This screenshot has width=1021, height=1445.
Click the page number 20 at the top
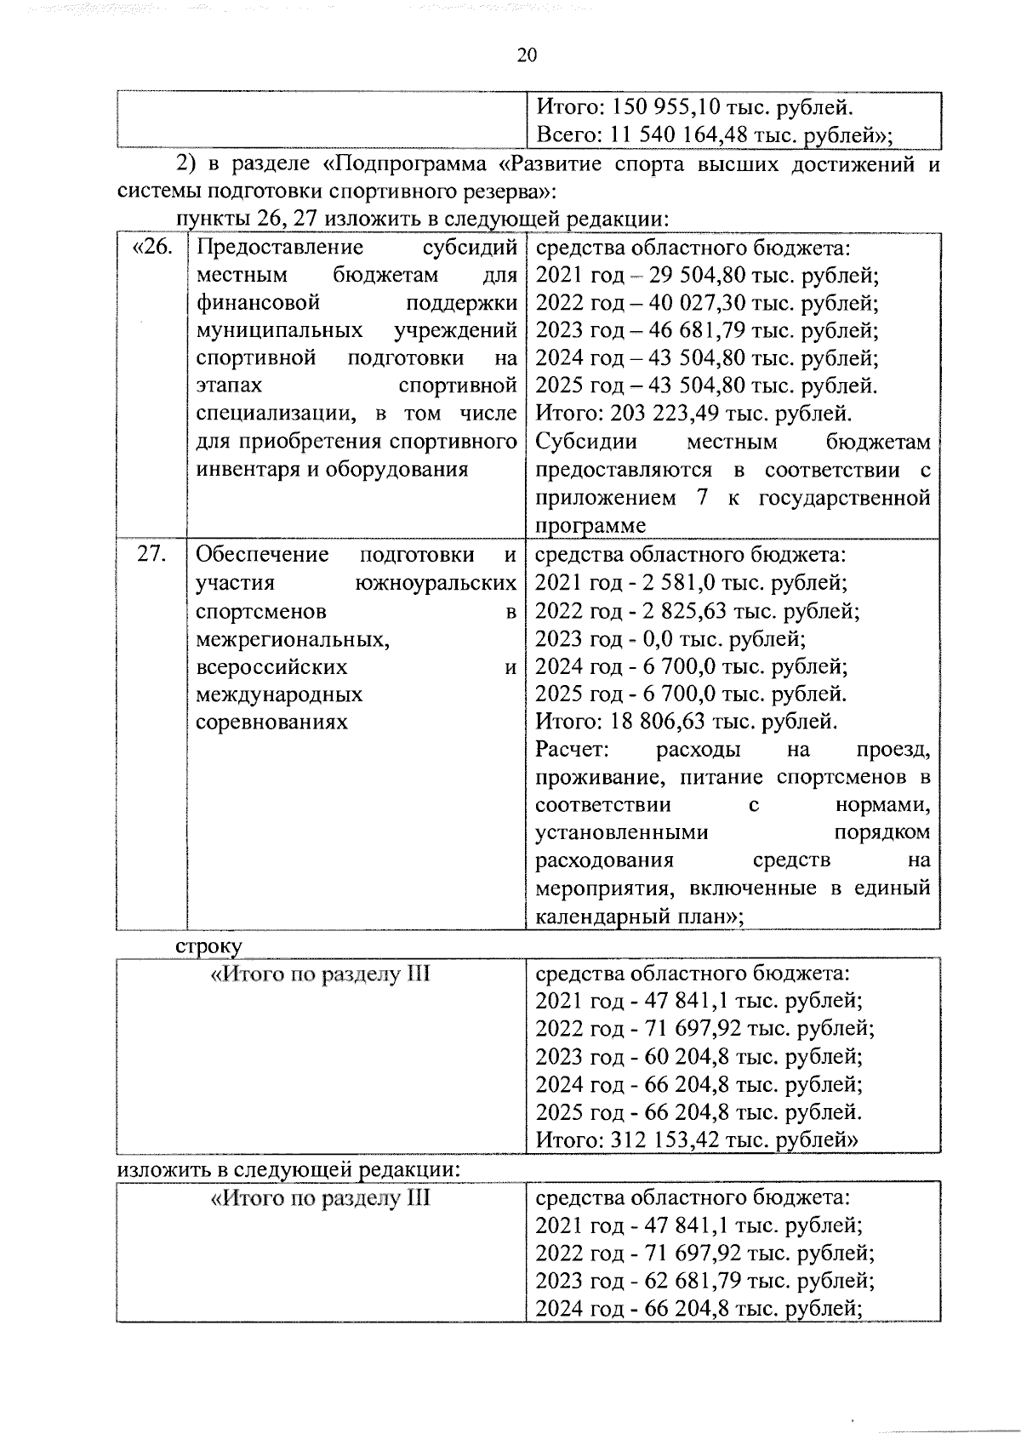tap(527, 55)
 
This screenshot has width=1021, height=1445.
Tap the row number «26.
tap(152, 248)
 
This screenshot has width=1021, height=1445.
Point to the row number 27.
tap(151, 555)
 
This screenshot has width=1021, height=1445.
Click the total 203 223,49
tap(659, 414)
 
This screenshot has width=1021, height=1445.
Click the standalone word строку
tap(208, 945)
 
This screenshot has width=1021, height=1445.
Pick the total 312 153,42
tap(659, 1139)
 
